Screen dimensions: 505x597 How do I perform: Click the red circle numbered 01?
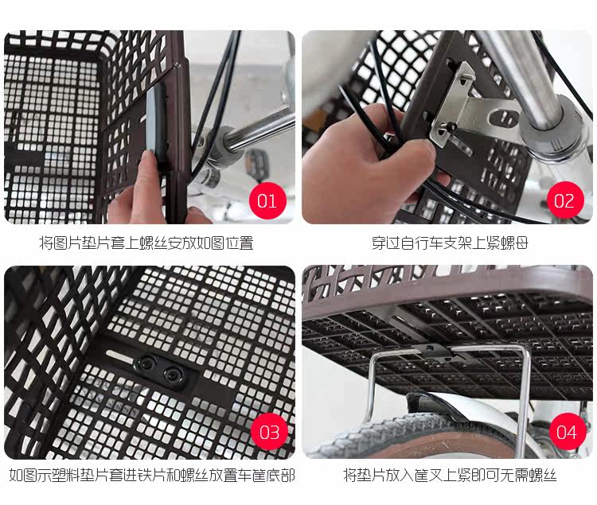pos(267,200)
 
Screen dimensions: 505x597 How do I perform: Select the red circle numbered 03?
pos(269,432)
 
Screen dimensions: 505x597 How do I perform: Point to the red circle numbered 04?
pos(565,432)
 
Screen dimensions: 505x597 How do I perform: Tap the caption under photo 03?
pos(151,476)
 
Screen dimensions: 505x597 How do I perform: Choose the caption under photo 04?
pos(450,476)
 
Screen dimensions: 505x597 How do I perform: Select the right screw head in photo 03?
pos(171,374)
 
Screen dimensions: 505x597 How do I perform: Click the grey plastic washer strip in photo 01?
pos(156,119)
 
